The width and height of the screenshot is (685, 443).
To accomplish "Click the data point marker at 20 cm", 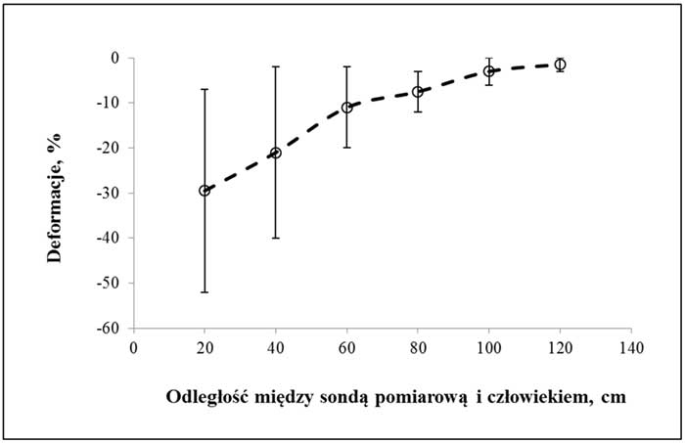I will coord(205,191).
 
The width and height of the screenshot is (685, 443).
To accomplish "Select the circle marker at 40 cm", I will coord(275,153).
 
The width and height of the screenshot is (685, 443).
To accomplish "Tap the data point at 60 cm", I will coord(346,108).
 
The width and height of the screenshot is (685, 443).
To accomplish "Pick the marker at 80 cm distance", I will coord(418,92).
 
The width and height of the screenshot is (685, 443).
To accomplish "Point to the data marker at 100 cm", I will coord(488,71).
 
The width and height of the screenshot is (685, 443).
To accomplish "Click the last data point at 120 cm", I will coord(560,65).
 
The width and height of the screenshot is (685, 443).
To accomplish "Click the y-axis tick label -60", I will coord(108,329).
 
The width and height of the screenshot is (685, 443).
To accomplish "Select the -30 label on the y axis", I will coord(108,194).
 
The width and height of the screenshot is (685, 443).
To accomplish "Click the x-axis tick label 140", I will coord(630,347).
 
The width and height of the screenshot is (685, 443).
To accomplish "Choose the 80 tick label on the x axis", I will coord(418,347).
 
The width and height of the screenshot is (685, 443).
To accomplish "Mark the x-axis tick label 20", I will coord(205,347).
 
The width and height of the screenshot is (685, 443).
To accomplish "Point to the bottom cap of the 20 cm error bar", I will coord(205,292).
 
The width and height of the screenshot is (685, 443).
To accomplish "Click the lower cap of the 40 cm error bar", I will coord(275,239).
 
